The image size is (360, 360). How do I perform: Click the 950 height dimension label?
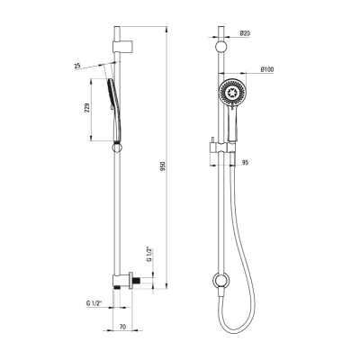click(163, 166)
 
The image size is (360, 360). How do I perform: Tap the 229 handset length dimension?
click(87, 108)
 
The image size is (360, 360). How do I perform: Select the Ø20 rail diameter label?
click(245, 33)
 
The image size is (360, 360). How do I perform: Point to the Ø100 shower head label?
click(267, 69)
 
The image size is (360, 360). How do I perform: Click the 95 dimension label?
click(245, 163)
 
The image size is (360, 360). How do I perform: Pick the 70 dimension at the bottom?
click(122, 327)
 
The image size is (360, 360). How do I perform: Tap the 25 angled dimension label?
click(77, 66)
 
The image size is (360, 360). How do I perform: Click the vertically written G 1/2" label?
click(149, 255)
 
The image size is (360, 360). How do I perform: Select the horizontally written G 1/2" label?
click(94, 303)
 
